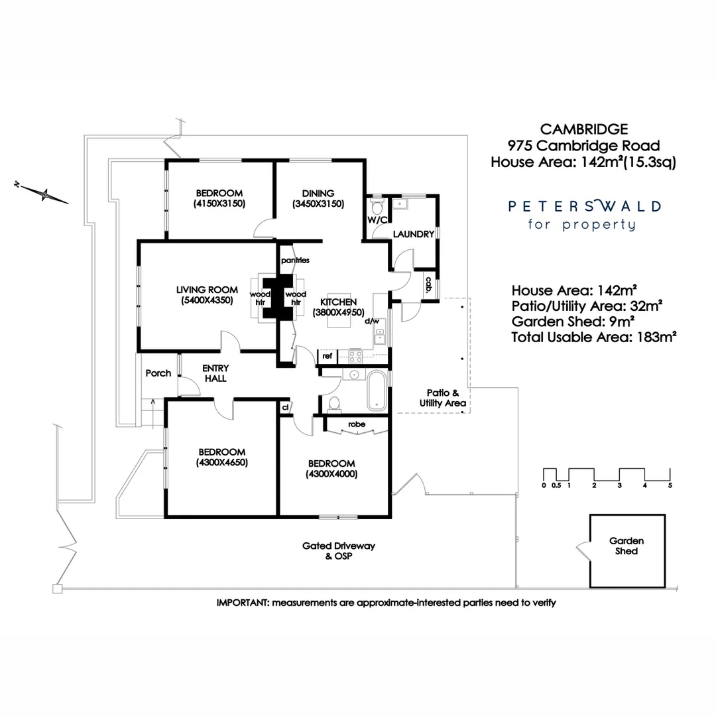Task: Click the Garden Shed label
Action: pos(626,546)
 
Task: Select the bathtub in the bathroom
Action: pos(375,391)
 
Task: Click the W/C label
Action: pos(376,219)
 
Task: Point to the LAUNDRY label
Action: pos(413,234)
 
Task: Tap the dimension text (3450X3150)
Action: pos(318,204)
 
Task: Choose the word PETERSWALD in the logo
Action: pos(584,206)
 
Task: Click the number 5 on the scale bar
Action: pos(670,485)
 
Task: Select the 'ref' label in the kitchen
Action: pos(327,356)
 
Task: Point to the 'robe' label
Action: pos(356,424)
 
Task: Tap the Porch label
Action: pos(158,373)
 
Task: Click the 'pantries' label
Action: pos(295,261)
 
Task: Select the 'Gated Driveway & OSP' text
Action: pos(339,551)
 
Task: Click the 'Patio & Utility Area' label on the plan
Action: pos(442,398)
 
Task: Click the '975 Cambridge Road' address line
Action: pos(583,145)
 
